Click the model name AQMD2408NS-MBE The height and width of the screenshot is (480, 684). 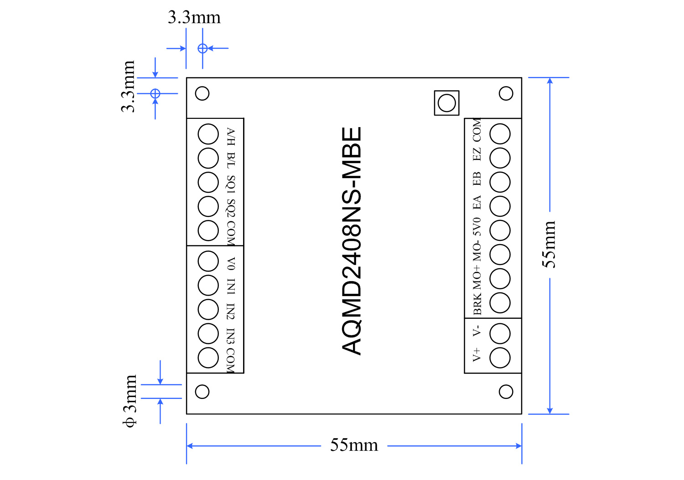click(x=352, y=240)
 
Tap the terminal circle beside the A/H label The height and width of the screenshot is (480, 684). click(x=208, y=134)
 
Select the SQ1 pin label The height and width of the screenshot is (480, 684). click(x=231, y=184)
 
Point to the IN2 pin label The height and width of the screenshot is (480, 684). click(x=231, y=311)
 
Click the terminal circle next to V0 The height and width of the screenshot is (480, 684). click(x=208, y=261)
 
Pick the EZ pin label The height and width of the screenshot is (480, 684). click(x=477, y=154)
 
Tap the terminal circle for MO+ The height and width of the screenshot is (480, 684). click(x=500, y=279)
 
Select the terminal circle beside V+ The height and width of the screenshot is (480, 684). click(x=500, y=357)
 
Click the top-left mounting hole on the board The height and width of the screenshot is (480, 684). click(x=202, y=93)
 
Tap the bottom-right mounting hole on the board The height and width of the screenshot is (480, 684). click(x=506, y=392)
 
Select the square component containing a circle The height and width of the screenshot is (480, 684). click(x=446, y=103)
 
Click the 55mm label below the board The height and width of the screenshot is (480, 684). click(x=354, y=445)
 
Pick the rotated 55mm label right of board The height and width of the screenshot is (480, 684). click(x=549, y=245)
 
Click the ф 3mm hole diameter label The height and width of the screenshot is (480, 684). click(x=130, y=401)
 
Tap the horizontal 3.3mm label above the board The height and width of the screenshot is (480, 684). click(x=194, y=18)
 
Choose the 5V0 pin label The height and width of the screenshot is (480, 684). click(x=477, y=226)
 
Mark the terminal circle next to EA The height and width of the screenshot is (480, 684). click(x=500, y=206)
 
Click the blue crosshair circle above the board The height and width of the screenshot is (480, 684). click(x=202, y=48)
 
